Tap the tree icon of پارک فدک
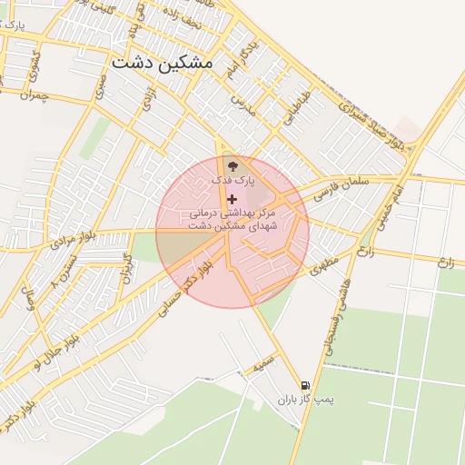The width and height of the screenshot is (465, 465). coord(232,165)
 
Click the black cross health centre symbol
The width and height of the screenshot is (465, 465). coord(232,199)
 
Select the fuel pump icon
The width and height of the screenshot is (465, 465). coord(306,384)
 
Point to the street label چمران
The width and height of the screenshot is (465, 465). coord(31,94)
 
